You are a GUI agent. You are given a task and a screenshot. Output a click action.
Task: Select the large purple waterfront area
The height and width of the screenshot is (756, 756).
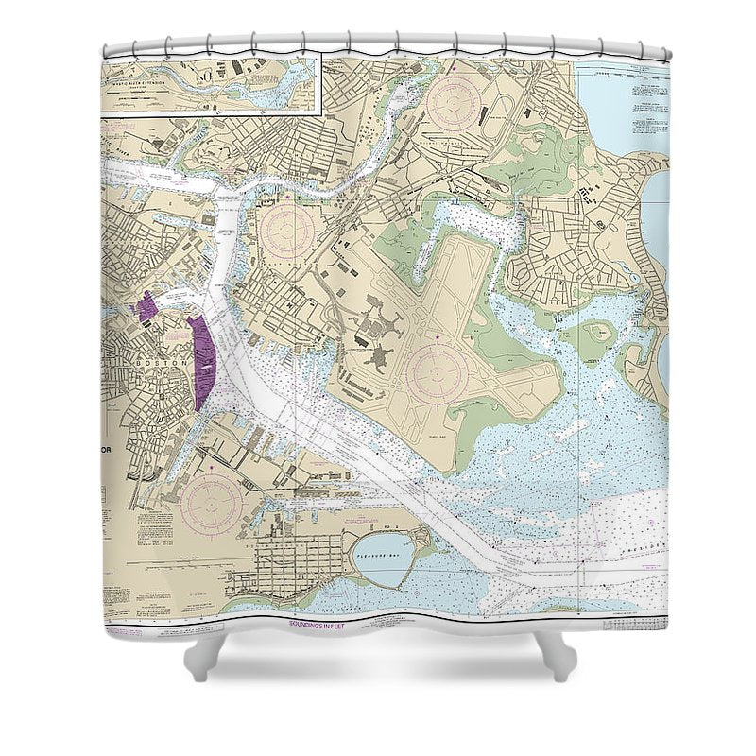click(x=203, y=362)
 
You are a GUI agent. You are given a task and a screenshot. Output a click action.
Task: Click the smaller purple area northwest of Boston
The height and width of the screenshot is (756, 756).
click(x=147, y=308)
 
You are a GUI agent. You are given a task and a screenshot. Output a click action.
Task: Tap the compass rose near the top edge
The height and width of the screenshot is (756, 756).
click(x=453, y=103)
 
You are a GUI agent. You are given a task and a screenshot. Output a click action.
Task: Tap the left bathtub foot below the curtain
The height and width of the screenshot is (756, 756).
click(x=205, y=657)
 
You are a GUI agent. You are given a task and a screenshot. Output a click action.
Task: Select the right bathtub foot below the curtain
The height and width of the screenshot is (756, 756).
click(x=558, y=657)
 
